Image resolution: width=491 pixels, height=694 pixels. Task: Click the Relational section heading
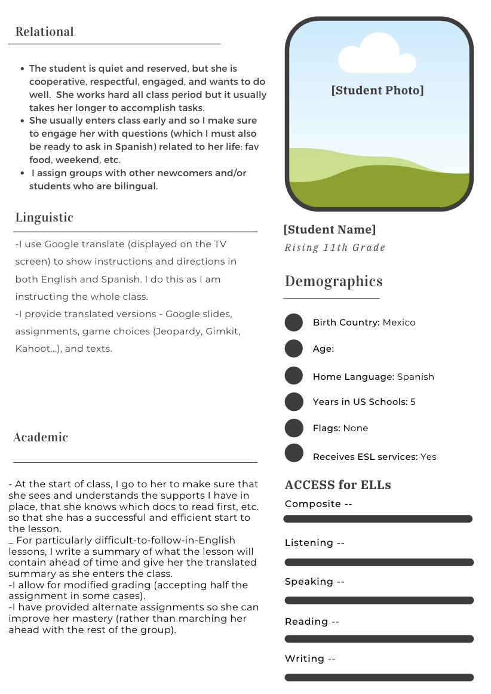tap(45, 32)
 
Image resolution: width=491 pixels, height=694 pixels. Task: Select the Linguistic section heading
tap(44, 217)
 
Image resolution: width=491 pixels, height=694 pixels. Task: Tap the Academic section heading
tap(41, 437)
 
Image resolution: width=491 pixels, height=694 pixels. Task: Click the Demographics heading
tap(334, 281)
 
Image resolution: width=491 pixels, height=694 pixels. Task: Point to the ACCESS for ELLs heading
tap(338, 485)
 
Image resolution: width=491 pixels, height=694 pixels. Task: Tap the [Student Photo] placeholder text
tap(378, 90)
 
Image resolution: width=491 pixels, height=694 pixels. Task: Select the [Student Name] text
tap(330, 229)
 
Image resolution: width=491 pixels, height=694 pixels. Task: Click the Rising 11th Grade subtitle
tap(335, 248)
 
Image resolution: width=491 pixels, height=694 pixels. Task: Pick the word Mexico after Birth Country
tap(399, 323)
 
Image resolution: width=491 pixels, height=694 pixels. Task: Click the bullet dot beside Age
tap(294, 349)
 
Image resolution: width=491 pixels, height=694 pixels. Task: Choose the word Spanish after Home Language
tap(416, 377)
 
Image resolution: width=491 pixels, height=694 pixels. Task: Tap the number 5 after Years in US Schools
tap(413, 402)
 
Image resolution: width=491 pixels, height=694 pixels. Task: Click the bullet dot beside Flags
tap(294, 428)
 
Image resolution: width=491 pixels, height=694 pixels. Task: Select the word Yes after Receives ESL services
tap(428, 457)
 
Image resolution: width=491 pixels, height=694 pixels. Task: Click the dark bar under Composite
tap(378, 519)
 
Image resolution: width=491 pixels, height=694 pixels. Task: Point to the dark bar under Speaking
tap(379, 600)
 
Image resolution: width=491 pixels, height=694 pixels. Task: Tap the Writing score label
tap(310, 659)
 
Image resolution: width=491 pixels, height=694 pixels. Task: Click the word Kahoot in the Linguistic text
tap(32, 349)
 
